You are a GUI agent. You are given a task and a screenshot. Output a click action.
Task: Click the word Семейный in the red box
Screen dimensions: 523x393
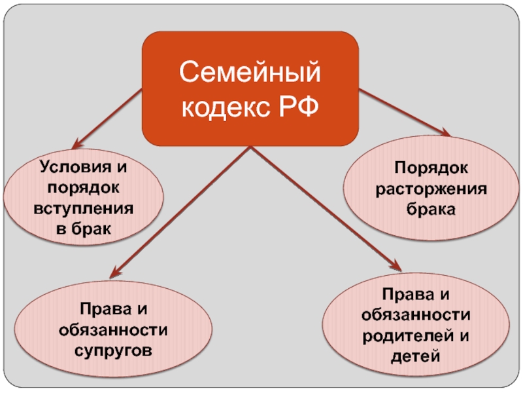point(251,71)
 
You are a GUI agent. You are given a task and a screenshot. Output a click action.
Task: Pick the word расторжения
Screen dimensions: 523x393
point(430,189)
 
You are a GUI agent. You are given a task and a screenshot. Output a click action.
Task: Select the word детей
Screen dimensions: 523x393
point(416,357)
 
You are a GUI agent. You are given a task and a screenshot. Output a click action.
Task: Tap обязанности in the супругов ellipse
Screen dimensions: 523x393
point(113,329)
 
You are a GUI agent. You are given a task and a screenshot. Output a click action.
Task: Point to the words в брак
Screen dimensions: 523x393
point(84,230)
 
